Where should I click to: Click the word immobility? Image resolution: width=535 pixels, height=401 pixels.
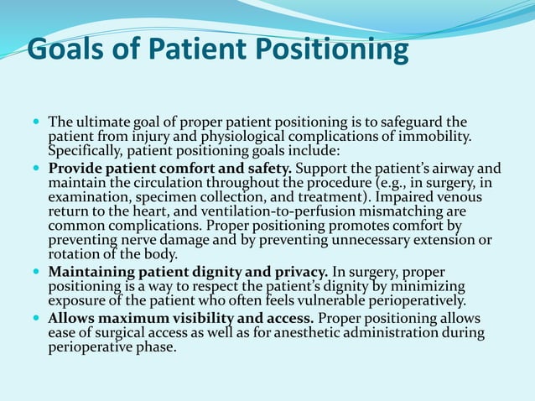click(433, 137)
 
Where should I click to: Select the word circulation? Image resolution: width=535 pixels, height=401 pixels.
click(190, 181)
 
